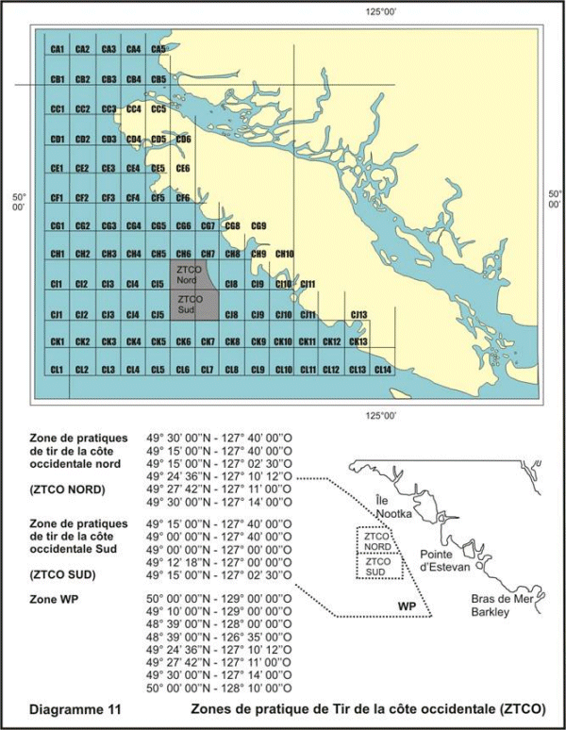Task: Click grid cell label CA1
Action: pos(57,49)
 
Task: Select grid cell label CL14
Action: pos(383,369)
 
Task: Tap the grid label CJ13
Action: pos(358,314)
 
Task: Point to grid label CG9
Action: pos(259,226)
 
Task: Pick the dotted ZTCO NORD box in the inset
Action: pos(377,541)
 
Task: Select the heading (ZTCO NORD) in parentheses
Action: pos(70,489)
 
